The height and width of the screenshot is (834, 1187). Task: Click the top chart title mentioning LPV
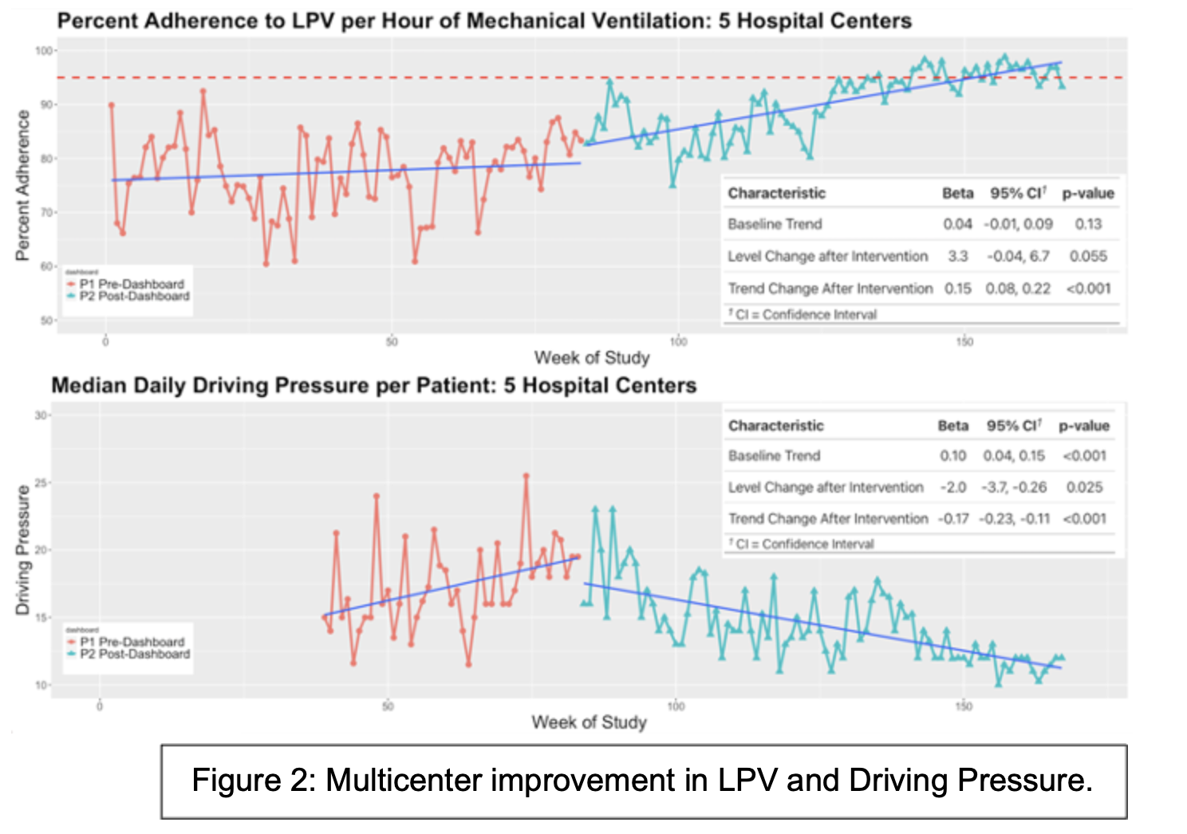coord(484,21)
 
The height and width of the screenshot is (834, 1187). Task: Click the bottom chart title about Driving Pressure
coord(373,386)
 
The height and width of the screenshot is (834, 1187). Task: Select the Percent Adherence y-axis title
coord(22,185)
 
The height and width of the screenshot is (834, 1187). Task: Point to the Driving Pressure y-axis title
coord(22,550)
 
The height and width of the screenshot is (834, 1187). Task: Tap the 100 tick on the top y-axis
coord(43,51)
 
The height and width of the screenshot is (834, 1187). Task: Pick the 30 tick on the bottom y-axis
coord(41,415)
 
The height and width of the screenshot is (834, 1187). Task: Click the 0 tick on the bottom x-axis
coord(100,706)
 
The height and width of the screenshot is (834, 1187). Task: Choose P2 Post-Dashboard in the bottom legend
coord(134,654)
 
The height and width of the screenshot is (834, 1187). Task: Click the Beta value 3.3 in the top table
coord(957,256)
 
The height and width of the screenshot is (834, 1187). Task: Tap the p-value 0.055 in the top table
coord(1088,256)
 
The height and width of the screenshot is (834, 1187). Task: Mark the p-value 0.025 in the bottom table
coord(1084,487)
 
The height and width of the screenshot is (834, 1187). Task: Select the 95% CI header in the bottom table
coord(1013,426)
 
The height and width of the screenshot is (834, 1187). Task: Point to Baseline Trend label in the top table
coord(774,224)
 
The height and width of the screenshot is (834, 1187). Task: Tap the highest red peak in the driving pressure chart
coord(526,476)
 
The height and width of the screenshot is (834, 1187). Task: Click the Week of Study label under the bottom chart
coord(589,722)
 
